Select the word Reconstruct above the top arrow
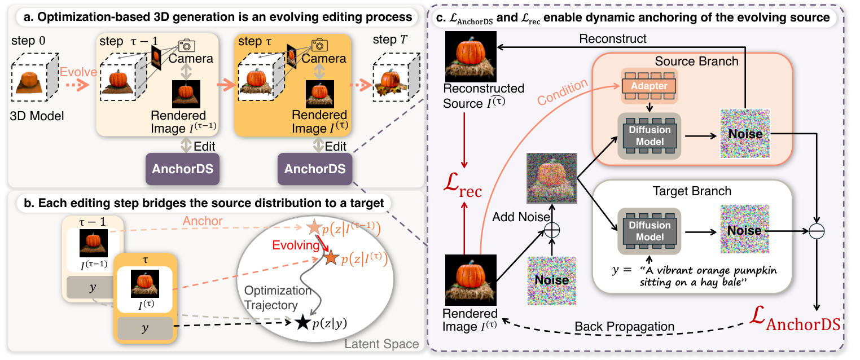pos(613,39)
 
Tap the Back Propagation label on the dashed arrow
pos(624,327)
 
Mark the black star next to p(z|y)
pos(302,323)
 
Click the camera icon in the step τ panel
pos(320,45)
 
